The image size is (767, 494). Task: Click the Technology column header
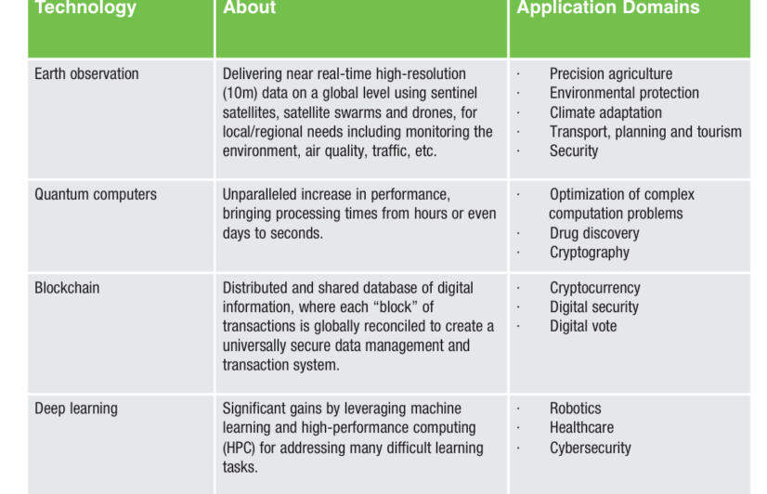click(x=85, y=7)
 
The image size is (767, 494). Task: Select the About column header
click(x=250, y=7)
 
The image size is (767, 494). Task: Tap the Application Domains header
click(x=608, y=7)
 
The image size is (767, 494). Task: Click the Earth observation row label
click(x=86, y=74)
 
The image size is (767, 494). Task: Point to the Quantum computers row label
click(x=96, y=195)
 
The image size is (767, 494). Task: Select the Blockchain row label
click(x=67, y=288)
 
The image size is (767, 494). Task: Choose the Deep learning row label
click(x=76, y=409)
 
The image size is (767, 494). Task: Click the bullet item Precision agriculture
click(x=611, y=74)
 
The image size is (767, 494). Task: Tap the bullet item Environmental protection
click(x=624, y=93)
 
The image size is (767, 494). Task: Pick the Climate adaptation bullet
click(x=605, y=112)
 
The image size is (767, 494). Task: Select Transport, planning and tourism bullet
click(x=645, y=132)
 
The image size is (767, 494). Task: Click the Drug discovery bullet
click(x=594, y=233)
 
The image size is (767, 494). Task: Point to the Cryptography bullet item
click(x=590, y=253)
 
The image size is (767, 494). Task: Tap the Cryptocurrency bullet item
click(x=595, y=288)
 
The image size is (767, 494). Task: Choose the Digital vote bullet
click(x=583, y=326)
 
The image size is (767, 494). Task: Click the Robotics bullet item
click(x=576, y=409)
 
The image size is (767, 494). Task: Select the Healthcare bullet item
click(x=581, y=427)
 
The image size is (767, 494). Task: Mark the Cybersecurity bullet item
click(x=591, y=448)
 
